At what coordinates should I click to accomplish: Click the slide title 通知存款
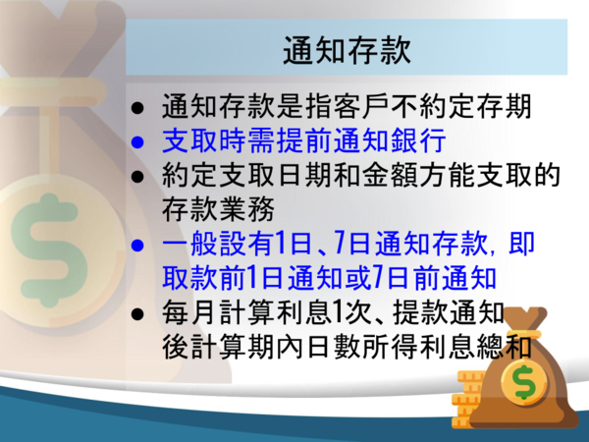[x=347, y=50]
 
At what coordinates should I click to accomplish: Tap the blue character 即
[x=521, y=244]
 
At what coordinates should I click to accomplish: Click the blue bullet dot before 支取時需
[x=137, y=142]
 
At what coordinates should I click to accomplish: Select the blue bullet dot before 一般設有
[x=137, y=246]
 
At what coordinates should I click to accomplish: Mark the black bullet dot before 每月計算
[x=137, y=314]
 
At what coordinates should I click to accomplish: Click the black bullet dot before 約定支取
[x=137, y=176]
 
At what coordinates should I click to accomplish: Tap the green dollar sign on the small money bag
[x=525, y=382]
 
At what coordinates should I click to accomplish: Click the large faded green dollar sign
[x=49, y=249]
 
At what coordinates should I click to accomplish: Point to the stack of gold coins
[x=467, y=399]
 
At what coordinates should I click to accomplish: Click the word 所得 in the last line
[x=390, y=347]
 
